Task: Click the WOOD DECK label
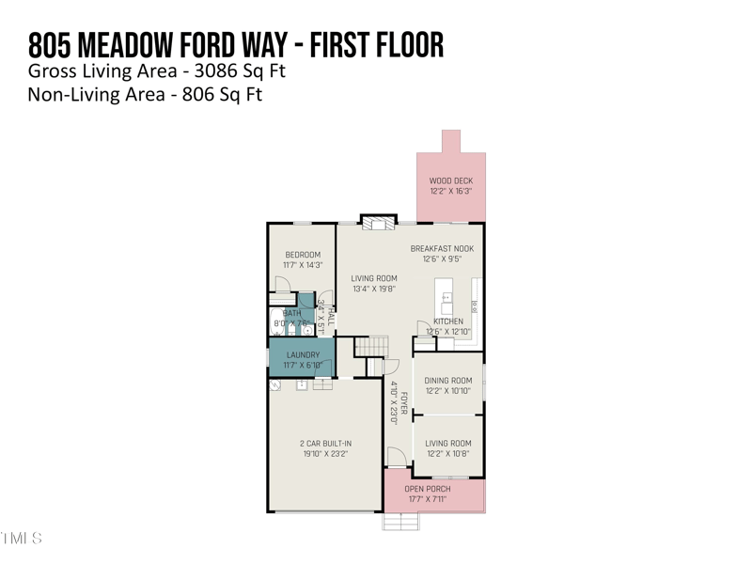pos(450,180)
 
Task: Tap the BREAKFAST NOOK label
pos(442,249)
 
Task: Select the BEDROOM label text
pos(303,255)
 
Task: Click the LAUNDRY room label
pos(303,355)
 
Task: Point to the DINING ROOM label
pos(447,381)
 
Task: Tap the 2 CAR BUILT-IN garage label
pos(325,444)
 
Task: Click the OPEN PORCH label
pos(427,489)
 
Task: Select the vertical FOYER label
pos(404,402)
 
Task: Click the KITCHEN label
pos(447,321)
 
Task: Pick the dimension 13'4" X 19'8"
pos(373,290)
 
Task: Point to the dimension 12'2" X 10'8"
pos(447,454)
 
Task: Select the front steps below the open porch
pos(400,521)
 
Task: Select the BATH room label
pos(292,313)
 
